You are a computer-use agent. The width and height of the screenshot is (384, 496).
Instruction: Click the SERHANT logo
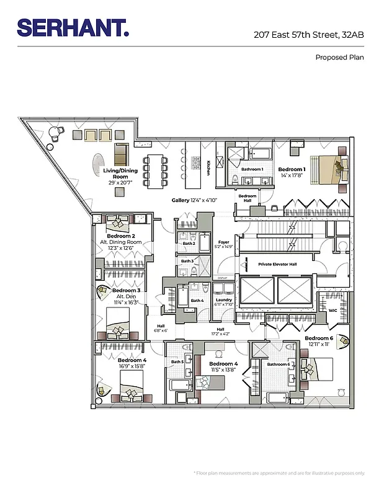pos(73,27)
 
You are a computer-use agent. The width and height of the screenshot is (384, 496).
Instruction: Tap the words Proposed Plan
pos(339,57)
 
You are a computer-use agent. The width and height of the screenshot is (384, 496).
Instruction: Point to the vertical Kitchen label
pos(208,168)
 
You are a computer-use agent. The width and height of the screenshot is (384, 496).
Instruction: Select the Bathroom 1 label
pos(252,169)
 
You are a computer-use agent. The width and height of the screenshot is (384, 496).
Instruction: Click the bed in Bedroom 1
pos(327,168)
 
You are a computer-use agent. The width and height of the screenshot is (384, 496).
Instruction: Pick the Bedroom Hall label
pos(247,198)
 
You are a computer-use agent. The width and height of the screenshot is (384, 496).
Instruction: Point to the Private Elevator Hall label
pos(277,264)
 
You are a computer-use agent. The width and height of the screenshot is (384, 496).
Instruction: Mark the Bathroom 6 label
pos(277,364)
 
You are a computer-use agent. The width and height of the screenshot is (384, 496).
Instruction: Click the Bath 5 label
pos(177,361)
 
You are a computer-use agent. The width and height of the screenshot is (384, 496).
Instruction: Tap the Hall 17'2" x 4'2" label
pos(220,332)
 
